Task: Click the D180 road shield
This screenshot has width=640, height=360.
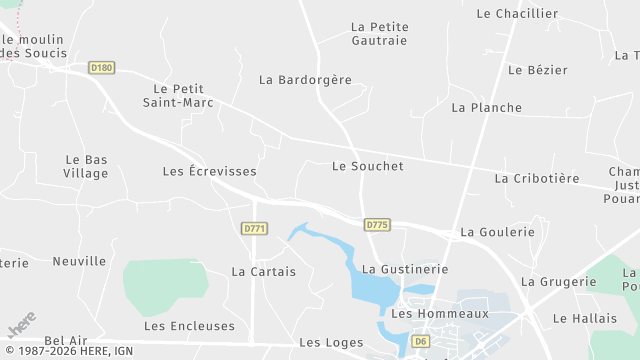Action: (101, 68)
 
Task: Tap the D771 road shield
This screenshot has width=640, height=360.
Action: (255, 229)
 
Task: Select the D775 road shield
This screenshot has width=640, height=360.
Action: (377, 225)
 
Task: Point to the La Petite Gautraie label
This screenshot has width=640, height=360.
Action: (379, 33)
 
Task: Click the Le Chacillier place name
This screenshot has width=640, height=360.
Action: (517, 14)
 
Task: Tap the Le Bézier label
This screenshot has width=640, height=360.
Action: (537, 70)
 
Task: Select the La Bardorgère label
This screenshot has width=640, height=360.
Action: (305, 79)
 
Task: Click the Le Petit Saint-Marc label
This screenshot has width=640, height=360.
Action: (178, 95)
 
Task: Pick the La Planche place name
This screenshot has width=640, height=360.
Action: (486, 107)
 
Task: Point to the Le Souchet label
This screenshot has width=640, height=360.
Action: (367, 166)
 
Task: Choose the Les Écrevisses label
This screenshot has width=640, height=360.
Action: (209, 171)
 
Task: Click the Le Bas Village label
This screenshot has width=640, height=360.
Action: (86, 166)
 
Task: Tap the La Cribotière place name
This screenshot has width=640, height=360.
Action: (536, 178)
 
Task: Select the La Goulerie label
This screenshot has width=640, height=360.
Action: (497, 232)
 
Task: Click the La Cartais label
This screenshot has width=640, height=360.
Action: (263, 271)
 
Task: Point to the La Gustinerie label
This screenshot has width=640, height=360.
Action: (404, 269)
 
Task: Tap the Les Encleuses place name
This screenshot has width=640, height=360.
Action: (189, 326)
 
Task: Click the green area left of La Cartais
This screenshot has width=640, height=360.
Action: (165, 284)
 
